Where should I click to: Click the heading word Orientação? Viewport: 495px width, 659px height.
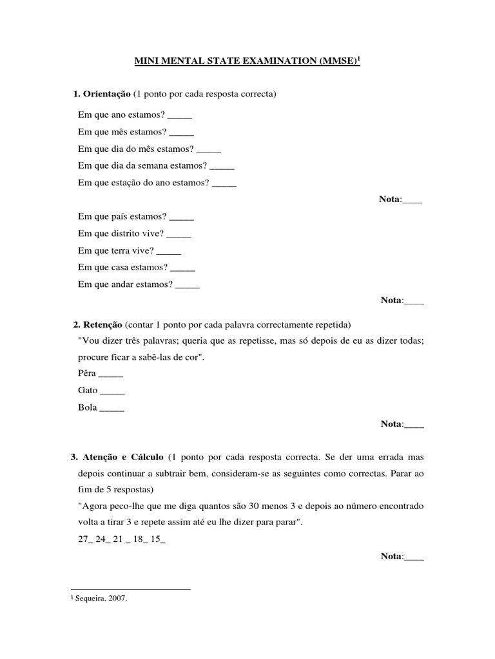coord(106,95)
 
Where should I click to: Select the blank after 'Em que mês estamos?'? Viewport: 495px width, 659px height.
coord(182,133)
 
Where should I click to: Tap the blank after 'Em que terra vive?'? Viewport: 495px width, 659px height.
coord(169,250)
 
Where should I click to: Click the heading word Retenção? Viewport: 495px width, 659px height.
coord(101,323)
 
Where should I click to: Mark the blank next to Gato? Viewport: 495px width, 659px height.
coord(113,390)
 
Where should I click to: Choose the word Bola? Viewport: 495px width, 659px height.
coord(88,407)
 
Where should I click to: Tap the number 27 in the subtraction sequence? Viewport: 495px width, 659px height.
coord(82,539)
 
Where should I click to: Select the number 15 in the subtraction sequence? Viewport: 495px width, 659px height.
coord(156,539)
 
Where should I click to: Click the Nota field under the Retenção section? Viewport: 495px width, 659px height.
coord(413,423)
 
